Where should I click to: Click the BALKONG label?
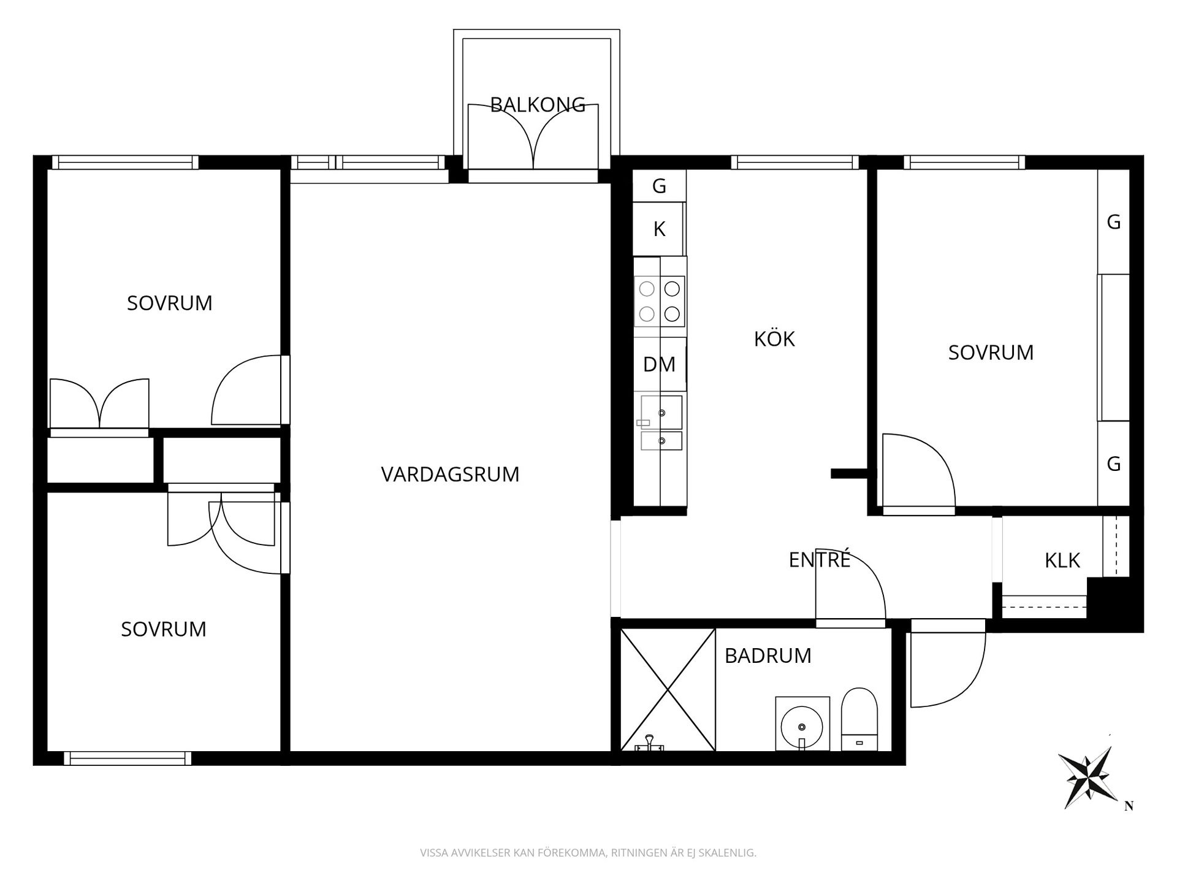point(538,105)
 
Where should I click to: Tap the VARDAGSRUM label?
point(450,475)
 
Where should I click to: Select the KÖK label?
point(774,338)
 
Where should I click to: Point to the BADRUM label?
point(768,656)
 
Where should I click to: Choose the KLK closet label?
point(1062,560)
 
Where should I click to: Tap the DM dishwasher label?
point(659,364)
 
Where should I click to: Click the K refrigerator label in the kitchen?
point(659,229)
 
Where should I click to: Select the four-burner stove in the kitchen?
point(660,301)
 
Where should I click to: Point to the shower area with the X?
point(668,689)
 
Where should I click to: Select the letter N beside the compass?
point(1129,806)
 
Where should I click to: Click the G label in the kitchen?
point(659,186)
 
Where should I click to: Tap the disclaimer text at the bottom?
point(588,853)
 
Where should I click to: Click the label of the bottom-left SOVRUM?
point(164,629)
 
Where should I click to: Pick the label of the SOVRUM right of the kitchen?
point(991,353)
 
